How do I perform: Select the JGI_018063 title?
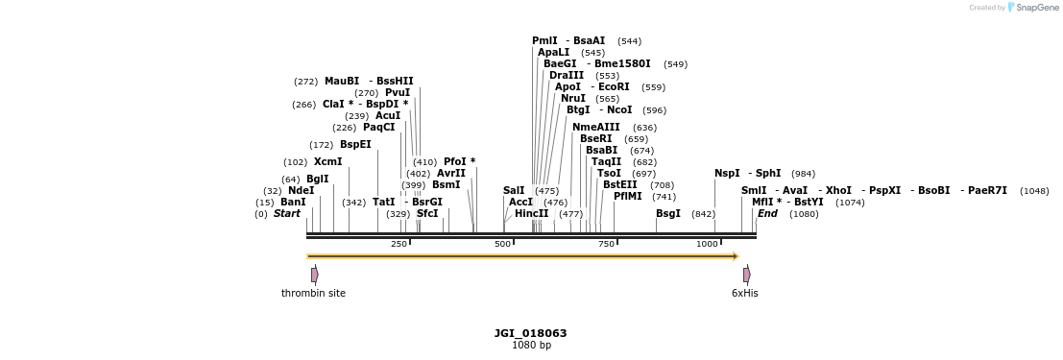point(530,333)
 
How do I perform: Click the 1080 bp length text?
point(531,345)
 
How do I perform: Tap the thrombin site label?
point(313,293)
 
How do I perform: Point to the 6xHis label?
point(744,293)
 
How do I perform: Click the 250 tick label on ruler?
point(399,244)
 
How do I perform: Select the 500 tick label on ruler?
point(502,244)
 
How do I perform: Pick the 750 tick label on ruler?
point(606,244)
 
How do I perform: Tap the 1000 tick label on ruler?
point(707,244)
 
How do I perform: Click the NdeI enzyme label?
point(301,190)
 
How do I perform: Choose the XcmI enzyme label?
point(327,161)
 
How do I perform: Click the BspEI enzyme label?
point(355,144)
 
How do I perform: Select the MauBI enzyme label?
point(342,81)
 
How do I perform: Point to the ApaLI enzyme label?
point(553,52)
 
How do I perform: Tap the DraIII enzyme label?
point(567,75)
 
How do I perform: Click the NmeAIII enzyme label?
point(595,127)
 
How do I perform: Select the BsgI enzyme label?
point(668,213)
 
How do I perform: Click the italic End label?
point(767,213)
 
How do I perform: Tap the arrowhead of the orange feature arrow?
point(735,256)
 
